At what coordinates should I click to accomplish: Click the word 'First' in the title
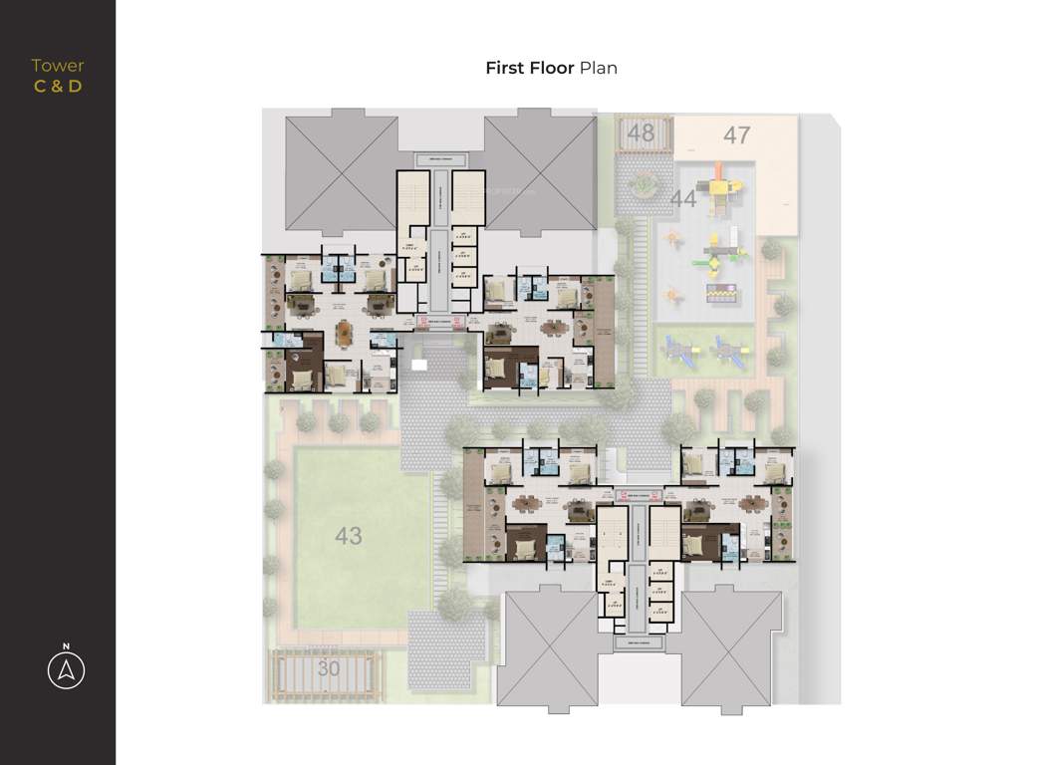tap(506, 68)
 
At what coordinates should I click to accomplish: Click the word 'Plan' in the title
tap(599, 68)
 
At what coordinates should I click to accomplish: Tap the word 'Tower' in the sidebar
tap(58, 66)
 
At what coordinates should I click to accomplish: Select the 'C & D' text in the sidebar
tap(58, 86)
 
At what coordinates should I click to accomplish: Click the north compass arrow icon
tap(66, 671)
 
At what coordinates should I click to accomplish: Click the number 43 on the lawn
tap(348, 536)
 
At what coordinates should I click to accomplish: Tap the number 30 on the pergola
tap(328, 669)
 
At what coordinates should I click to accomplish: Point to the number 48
tap(641, 132)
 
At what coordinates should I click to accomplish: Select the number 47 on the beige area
tap(736, 134)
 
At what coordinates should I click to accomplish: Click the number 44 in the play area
tap(682, 199)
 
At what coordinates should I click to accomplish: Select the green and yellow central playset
tap(724, 253)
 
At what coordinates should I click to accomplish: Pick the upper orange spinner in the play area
tap(675, 240)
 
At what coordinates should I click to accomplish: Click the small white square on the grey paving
tap(419, 365)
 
